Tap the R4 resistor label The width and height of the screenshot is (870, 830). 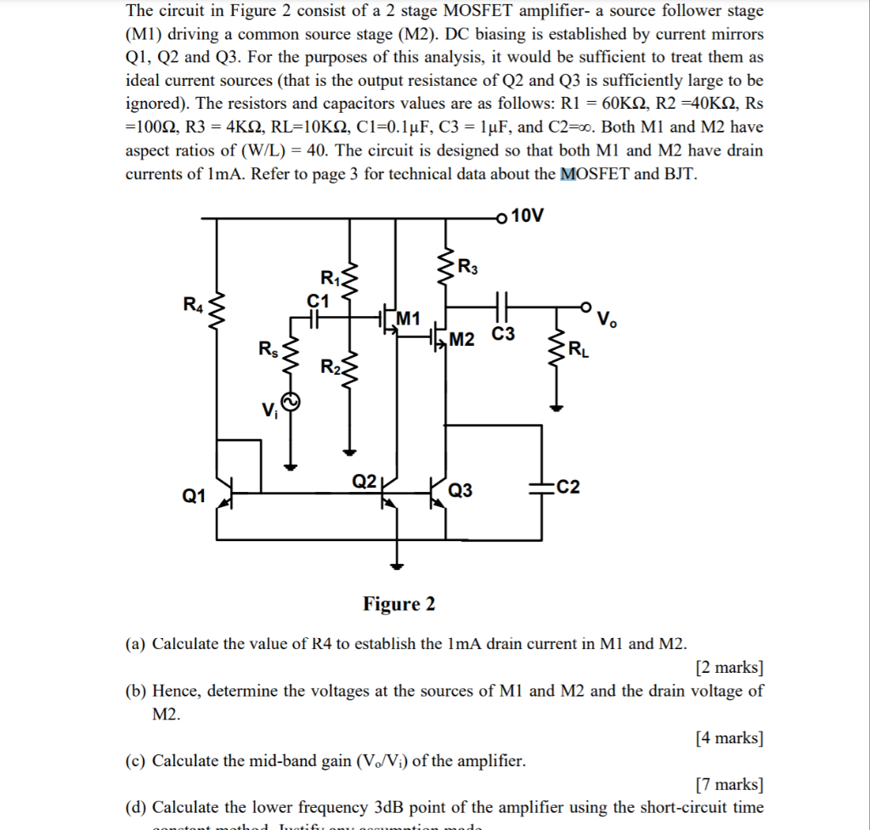pos(195,303)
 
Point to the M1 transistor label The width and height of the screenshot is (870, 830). pos(409,319)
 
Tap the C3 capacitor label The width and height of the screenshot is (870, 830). pos(503,335)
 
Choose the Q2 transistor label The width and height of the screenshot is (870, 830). pos(364,482)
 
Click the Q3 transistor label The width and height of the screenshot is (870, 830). pos(460,491)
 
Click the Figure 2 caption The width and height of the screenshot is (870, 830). pos(398,604)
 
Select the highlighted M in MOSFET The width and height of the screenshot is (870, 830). pos(568,174)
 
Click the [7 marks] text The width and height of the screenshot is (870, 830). pos(729,784)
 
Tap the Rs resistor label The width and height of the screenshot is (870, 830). pos(267,348)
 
